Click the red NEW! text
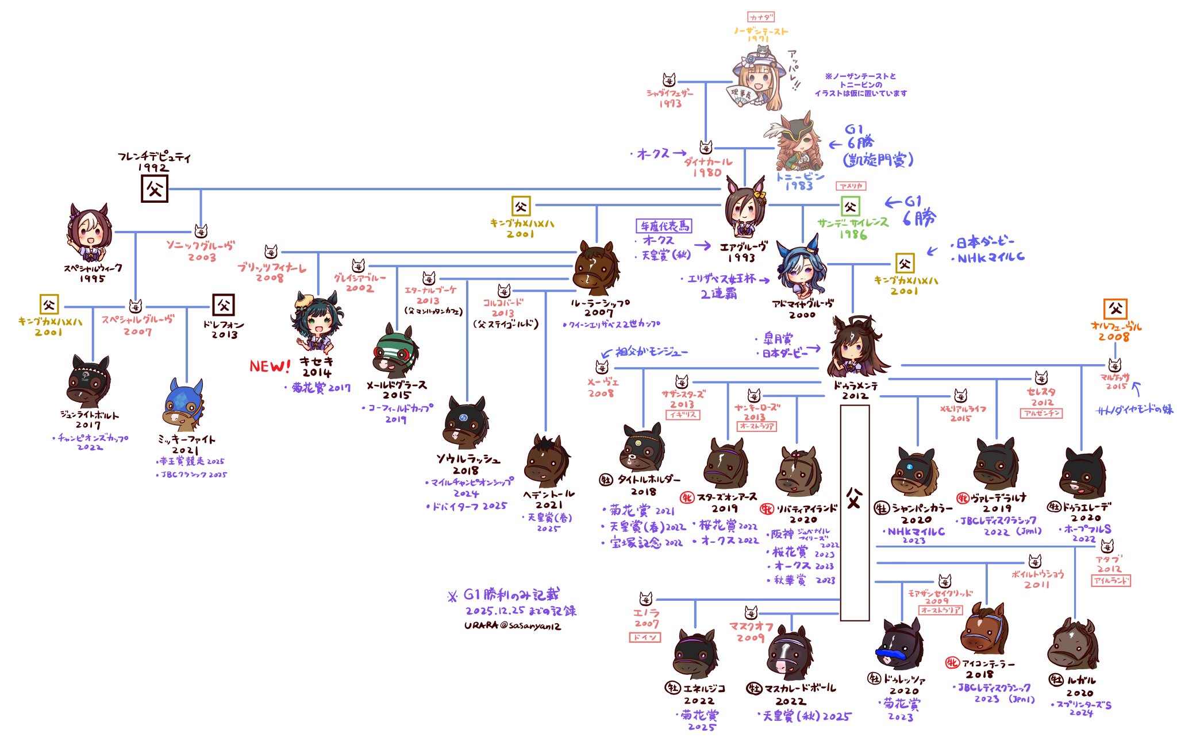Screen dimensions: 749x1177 pyautogui.click(x=270, y=366)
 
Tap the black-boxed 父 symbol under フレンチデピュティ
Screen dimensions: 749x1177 pyautogui.click(x=155, y=189)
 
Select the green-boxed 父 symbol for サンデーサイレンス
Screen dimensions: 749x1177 pyautogui.click(x=851, y=207)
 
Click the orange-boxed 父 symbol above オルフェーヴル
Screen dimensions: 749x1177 pyautogui.click(x=1115, y=309)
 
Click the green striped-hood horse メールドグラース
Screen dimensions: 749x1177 pyautogui.click(x=395, y=352)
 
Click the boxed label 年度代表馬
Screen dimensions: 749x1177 pyautogui.click(x=664, y=226)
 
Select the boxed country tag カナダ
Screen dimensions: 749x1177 pyautogui.click(x=761, y=18)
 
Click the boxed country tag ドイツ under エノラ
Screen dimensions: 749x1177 pyautogui.click(x=645, y=638)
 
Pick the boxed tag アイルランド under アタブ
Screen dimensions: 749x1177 pyautogui.click(x=1110, y=581)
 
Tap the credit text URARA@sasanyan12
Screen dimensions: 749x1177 pyautogui.click(x=513, y=626)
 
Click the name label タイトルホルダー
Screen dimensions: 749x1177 pyautogui.click(x=649, y=480)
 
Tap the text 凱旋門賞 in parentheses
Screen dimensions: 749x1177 pyautogui.click(x=878, y=160)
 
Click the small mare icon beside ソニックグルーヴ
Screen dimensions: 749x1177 pyautogui.click(x=201, y=231)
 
